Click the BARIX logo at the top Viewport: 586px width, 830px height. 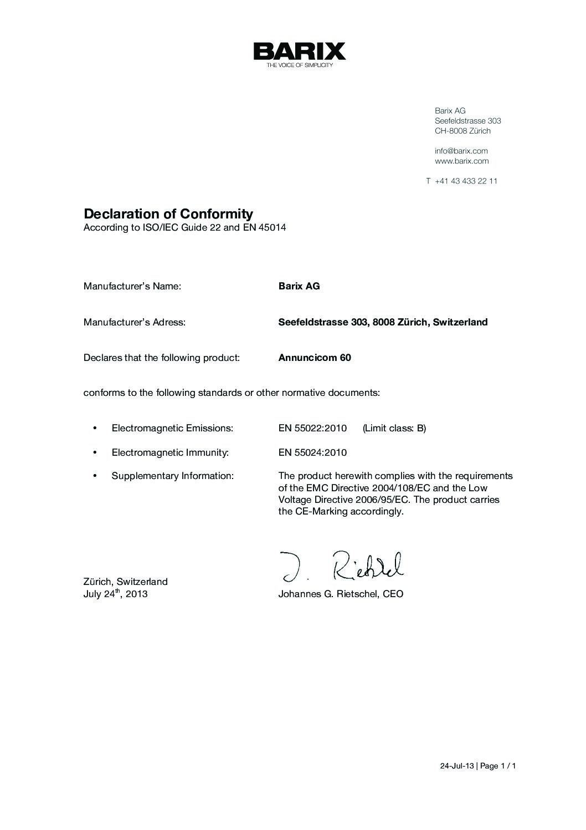pyautogui.click(x=299, y=52)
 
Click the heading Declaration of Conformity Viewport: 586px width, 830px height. pyautogui.click(x=168, y=213)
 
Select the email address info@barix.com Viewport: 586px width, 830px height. pyautogui.click(x=461, y=151)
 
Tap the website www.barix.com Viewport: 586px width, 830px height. pyautogui.click(x=461, y=161)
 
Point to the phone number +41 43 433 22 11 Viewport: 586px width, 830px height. pyautogui.click(x=466, y=181)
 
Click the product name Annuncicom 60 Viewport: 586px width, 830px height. pyautogui.click(x=314, y=358)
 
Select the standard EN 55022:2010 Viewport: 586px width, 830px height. pyautogui.click(x=312, y=428)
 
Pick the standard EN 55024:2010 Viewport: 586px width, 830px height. pyautogui.click(x=312, y=452)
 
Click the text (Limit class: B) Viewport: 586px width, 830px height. pyautogui.click(x=394, y=428)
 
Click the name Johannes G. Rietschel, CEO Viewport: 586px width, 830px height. pyautogui.click(x=341, y=594)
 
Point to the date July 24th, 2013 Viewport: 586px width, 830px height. pyautogui.click(x=115, y=594)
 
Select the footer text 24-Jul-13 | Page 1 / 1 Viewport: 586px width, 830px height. pyautogui.click(x=478, y=766)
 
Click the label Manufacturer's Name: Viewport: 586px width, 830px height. pyautogui.click(x=132, y=286)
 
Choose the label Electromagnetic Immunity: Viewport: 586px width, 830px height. pyautogui.click(x=170, y=452)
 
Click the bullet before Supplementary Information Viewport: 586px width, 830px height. pyautogui.click(x=95, y=476)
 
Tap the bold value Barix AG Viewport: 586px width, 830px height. pyautogui.click(x=299, y=286)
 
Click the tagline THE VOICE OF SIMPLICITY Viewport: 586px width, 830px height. pyautogui.click(x=299, y=65)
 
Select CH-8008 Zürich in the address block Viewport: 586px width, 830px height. pyautogui.click(x=462, y=131)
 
